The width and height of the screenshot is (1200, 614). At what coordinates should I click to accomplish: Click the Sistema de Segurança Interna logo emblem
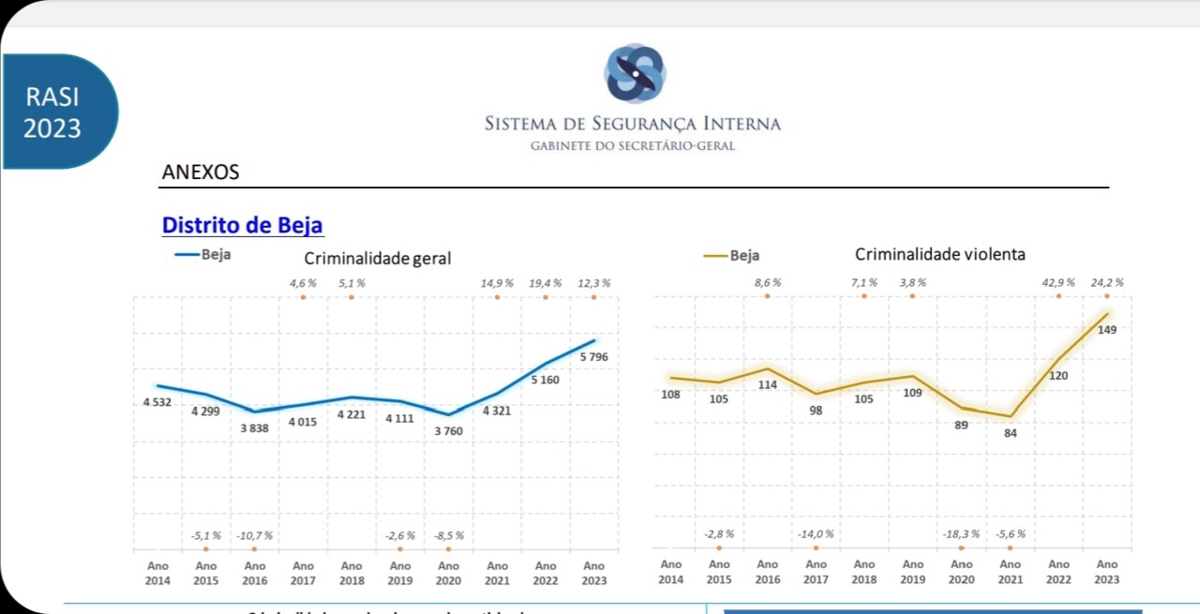click(x=634, y=73)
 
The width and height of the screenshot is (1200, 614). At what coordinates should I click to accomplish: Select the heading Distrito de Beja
click(x=243, y=225)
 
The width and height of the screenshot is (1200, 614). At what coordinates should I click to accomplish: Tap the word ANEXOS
click(x=201, y=172)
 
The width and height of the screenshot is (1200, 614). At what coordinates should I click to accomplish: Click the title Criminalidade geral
click(x=377, y=258)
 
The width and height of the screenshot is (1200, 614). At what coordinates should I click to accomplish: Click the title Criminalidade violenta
click(x=939, y=254)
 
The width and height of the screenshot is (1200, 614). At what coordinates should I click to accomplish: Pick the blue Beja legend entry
click(x=202, y=254)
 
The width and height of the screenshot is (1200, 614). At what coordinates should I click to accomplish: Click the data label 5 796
click(x=593, y=357)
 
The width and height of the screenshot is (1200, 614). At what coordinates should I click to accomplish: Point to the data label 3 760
click(x=448, y=431)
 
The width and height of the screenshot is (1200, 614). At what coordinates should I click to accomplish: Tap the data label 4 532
click(x=157, y=402)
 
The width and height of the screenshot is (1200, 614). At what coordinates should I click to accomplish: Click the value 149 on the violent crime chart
click(x=1106, y=330)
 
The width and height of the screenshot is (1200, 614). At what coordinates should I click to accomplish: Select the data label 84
click(x=1010, y=433)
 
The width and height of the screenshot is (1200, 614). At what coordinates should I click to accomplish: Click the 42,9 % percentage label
click(x=1058, y=282)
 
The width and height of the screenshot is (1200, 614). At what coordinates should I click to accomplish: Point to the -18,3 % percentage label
click(x=961, y=533)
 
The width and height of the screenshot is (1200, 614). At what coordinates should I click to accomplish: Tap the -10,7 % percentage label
click(x=254, y=535)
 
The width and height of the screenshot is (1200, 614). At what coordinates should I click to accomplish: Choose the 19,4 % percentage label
click(x=545, y=282)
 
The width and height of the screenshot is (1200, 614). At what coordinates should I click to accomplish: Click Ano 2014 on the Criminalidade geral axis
click(x=157, y=573)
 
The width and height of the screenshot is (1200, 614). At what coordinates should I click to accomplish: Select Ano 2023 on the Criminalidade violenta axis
click(x=1106, y=572)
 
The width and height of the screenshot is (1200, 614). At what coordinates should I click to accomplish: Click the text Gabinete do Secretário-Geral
click(x=632, y=146)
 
